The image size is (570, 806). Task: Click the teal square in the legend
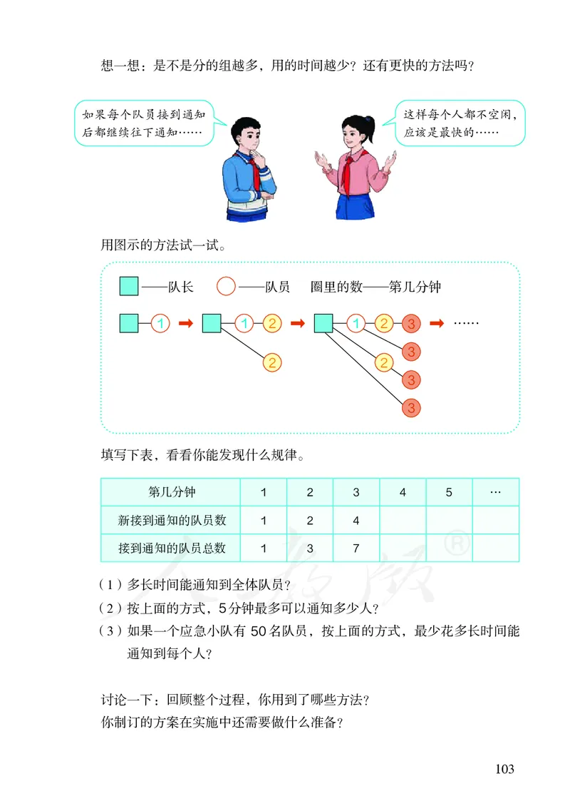[129, 287]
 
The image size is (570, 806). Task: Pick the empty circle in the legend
[226, 287]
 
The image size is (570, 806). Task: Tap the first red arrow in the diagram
[185, 323]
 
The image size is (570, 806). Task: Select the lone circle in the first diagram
[161, 323]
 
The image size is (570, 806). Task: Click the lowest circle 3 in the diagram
[411, 407]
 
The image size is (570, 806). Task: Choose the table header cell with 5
[449, 492]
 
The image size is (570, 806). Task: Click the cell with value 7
[356, 548]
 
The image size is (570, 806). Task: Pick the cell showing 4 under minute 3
[356, 520]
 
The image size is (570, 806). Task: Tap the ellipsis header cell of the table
[496, 492]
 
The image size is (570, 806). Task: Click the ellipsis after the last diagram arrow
[467, 323]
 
